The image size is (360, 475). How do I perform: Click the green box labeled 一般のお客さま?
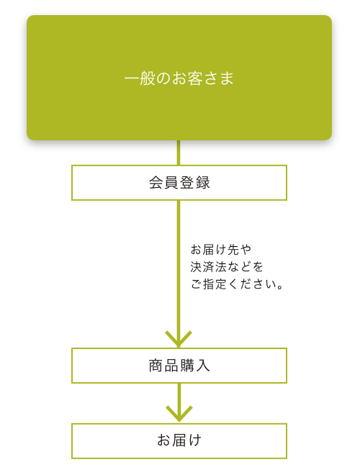[x=179, y=78]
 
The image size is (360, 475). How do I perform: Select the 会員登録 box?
[x=179, y=183]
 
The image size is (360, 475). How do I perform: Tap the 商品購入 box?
[x=179, y=366]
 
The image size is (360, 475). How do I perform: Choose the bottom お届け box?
[x=179, y=441]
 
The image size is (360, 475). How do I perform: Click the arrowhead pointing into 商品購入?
[x=179, y=339]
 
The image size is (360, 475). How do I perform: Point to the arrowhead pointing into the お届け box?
[x=179, y=414]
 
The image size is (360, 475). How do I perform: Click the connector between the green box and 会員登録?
[x=179, y=153]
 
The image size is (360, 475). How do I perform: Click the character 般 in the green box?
[x=148, y=78]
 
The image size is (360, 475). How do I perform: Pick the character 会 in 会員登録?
[x=156, y=183]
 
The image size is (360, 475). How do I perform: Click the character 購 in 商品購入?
[x=187, y=366]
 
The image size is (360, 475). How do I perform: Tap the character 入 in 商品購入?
[x=203, y=366]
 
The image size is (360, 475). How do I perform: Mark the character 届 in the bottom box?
[x=179, y=440]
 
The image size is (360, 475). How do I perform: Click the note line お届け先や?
[x=221, y=250]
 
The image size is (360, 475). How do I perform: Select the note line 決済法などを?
[x=227, y=267]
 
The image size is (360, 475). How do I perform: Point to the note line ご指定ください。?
[x=237, y=284]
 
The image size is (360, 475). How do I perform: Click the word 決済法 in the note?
[x=209, y=267]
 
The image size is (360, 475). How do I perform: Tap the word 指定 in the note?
[x=215, y=284]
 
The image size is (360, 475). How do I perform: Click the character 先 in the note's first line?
[x=233, y=250]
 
